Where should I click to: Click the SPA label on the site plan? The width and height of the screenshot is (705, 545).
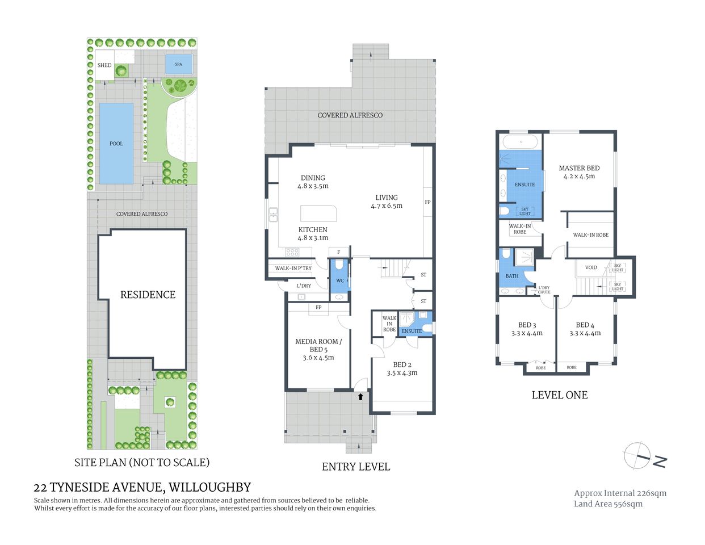coord(178,64)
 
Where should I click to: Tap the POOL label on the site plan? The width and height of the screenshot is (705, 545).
coord(116,144)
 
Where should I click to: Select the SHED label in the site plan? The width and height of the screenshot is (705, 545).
coord(104,65)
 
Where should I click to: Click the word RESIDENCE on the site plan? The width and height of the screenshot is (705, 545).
coord(148,295)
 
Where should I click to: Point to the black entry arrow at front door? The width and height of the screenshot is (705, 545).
coord(360,397)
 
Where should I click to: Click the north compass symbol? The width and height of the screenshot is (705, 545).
coord(638,456)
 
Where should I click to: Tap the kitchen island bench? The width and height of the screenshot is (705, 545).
coord(318,213)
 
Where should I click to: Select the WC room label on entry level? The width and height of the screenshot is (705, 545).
coord(339,280)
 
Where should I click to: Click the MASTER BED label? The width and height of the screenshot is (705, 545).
coord(579,168)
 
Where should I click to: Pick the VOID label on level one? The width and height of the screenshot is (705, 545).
coord(591,267)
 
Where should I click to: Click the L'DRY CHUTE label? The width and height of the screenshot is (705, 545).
coord(544,290)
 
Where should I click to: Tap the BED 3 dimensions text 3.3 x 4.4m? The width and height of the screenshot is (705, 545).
coord(527,333)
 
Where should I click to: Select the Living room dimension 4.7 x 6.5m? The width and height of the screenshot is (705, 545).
coord(387,206)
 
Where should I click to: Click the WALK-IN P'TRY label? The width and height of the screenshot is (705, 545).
coord(293,269)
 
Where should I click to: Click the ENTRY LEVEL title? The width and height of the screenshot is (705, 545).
coord(356,467)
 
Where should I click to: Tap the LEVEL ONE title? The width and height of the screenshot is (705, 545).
coord(559,395)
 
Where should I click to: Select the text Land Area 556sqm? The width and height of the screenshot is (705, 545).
coord(608,504)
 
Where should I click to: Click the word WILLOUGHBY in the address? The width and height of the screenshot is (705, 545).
coord(210,487)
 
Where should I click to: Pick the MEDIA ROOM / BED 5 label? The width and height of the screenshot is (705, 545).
coord(318,345)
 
